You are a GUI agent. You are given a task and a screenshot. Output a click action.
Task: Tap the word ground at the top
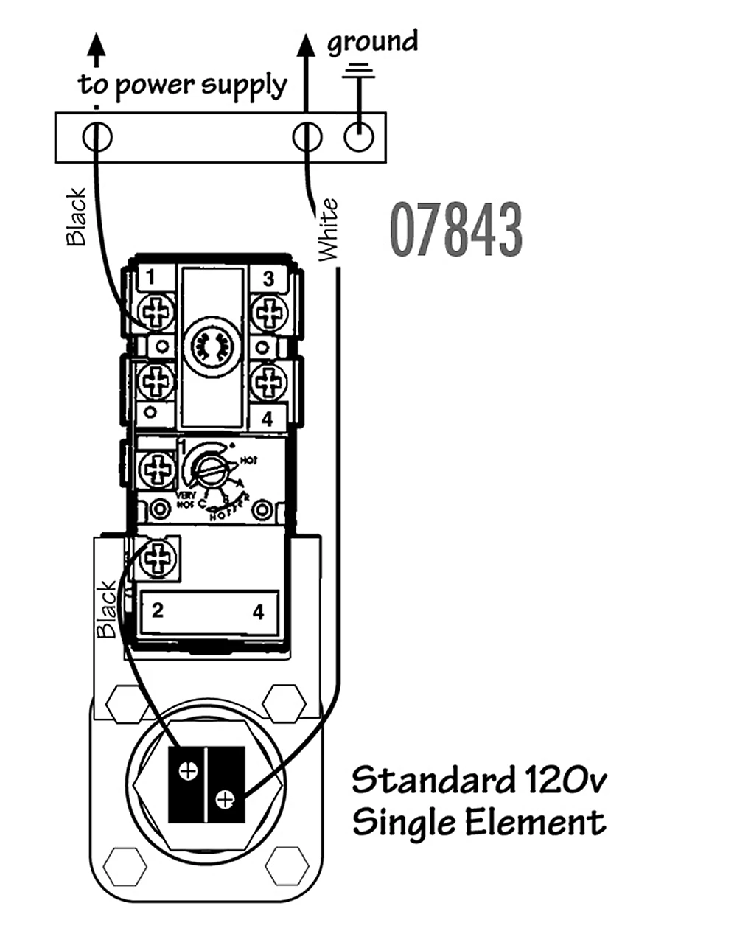pyautogui.click(x=372, y=42)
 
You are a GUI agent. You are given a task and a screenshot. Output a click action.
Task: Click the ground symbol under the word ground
pyautogui.click(x=359, y=72)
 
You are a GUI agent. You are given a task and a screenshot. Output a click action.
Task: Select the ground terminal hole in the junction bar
pyautogui.click(x=359, y=136)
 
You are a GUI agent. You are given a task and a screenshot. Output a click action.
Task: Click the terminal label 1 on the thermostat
pyautogui.click(x=150, y=278)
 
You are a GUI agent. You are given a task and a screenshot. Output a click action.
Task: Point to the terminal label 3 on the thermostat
pyautogui.click(x=268, y=278)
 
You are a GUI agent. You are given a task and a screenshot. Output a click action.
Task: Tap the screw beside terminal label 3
pyautogui.click(x=269, y=313)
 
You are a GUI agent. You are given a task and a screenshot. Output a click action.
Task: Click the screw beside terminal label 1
pyautogui.click(x=156, y=313)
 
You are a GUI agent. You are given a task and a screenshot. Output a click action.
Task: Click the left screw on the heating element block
pyautogui.click(x=188, y=771)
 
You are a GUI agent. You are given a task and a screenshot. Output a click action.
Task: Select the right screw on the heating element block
pyautogui.click(x=226, y=798)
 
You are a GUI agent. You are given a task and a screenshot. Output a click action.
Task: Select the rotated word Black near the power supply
pyautogui.click(x=76, y=216)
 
